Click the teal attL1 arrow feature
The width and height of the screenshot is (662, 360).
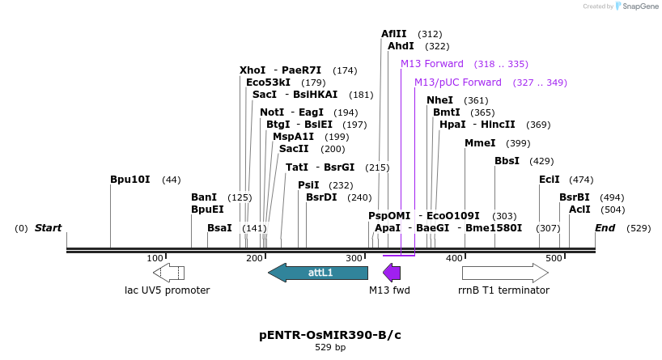[x=317, y=273]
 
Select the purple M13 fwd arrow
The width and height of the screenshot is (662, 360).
[x=392, y=273]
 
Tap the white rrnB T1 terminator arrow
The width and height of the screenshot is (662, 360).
[x=505, y=273]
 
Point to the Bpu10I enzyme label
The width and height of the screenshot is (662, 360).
[x=129, y=180]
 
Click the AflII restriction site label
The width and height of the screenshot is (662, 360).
[x=393, y=34]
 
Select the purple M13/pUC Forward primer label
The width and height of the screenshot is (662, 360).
[x=458, y=83]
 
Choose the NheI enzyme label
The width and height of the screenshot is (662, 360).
[x=439, y=100]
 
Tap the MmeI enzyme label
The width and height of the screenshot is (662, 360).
[x=480, y=143]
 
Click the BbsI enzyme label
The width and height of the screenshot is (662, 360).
[x=507, y=161]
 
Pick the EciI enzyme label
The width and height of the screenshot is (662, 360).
[x=550, y=180]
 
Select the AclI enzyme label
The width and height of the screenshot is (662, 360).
[x=579, y=210]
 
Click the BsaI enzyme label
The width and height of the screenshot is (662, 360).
[x=219, y=228]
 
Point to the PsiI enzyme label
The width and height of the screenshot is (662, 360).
[x=308, y=185]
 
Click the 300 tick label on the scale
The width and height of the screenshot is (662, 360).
[x=354, y=258]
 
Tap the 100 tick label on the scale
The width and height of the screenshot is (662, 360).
[x=155, y=258]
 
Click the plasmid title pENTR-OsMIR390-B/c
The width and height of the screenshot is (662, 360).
[x=329, y=335]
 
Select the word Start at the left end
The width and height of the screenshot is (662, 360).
[x=48, y=228]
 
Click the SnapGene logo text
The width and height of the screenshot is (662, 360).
[x=638, y=6]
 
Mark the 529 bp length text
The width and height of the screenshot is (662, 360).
[x=329, y=348]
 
